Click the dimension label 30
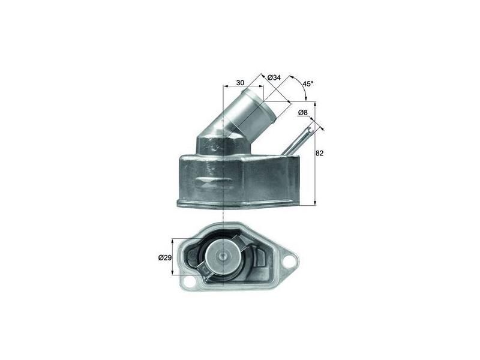tap(240, 82)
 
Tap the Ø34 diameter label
tap(274, 78)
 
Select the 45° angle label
tap(308, 84)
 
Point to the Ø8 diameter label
tap(303, 112)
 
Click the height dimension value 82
tap(319, 154)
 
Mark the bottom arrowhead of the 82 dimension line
tap(314, 203)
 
